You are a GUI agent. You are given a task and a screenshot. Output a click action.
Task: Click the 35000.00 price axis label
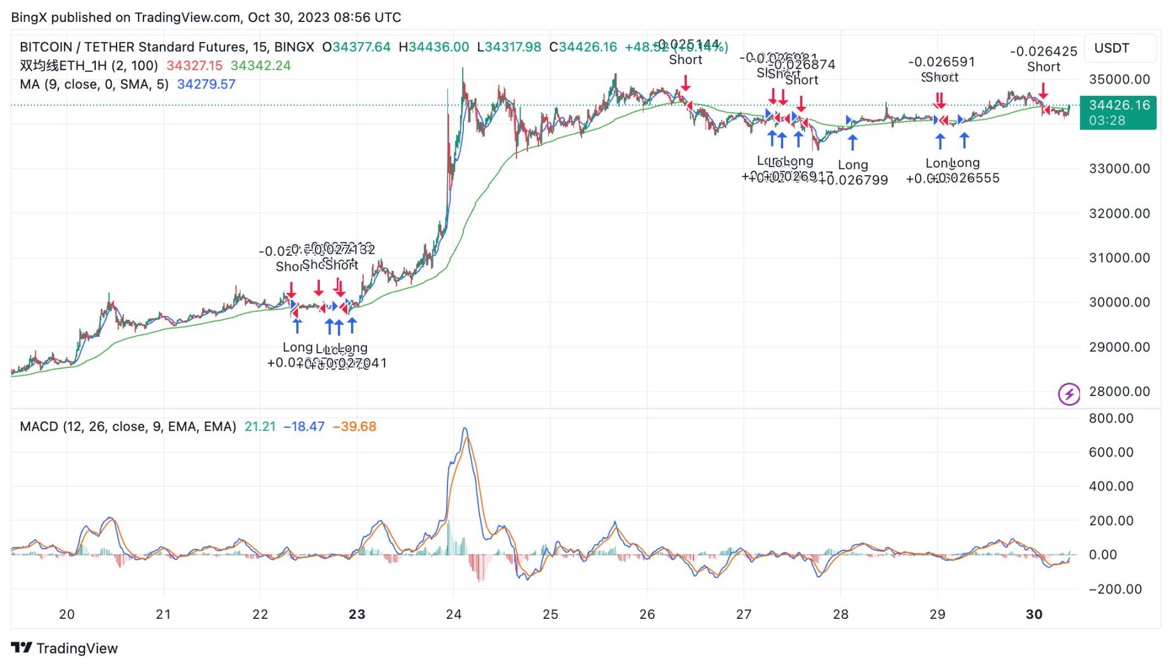(x=1119, y=79)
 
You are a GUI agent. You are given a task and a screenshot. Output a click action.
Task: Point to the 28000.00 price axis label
(x=1119, y=392)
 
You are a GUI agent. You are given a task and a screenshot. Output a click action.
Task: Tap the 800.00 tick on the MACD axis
(x=1111, y=419)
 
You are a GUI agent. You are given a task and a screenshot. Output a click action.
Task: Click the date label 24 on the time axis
(x=454, y=615)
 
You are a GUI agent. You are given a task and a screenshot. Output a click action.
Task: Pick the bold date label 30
(x=1034, y=615)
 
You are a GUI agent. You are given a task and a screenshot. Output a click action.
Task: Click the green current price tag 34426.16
(x=1118, y=106)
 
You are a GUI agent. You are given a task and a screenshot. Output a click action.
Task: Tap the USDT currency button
(x=1112, y=48)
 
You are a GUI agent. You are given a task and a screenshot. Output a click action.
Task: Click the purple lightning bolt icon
(x=1068, y=394)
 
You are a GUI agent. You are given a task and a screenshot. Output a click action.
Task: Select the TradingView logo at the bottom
(x=64, y=648)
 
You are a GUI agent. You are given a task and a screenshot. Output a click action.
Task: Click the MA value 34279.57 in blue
(x=206, y=84)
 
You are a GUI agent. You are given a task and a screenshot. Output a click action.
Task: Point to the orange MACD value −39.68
(x=354, y=427)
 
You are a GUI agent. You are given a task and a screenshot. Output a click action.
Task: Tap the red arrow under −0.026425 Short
(x=1043, y=91)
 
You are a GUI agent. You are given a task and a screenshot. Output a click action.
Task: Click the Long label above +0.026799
(x=853, y=165)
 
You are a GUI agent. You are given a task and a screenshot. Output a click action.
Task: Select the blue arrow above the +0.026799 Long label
(x=853, y=142)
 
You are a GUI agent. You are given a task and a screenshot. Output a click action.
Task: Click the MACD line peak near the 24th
(x=465, y=429)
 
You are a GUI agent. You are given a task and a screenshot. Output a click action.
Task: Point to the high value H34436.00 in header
(x=433, y=47)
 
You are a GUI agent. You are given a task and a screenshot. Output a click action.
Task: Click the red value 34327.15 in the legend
(x=194, y=66)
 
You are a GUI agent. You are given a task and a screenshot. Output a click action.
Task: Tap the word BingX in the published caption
(x=28, y=17)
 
